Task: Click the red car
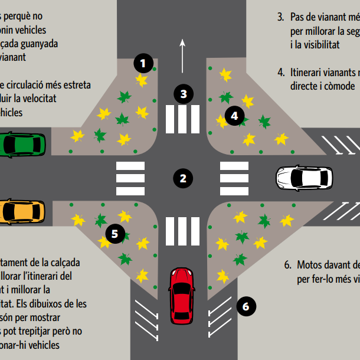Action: pos(182,296)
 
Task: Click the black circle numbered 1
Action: pos(143,63)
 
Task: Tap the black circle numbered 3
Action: pos(184,94)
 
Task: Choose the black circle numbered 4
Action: pos(234,116)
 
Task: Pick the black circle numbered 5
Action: pos(114,234)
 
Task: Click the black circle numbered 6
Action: pos(246,306)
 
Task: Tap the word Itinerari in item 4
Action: pos(310,73)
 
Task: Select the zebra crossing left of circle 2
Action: pos(130,178)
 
